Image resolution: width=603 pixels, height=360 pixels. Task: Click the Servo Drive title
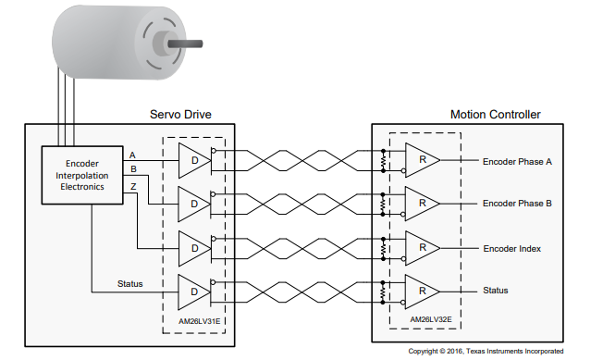tap(180, 114)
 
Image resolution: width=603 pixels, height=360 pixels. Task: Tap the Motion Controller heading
tap(496, 114)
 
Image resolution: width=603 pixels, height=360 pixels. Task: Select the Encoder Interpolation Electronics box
tap(82, 175)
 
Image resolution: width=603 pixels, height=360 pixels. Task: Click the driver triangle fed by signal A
tap(194, 160)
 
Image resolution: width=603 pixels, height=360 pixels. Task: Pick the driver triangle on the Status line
tap(194, 292)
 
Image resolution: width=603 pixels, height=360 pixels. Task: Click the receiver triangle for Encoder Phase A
tap(423, 160)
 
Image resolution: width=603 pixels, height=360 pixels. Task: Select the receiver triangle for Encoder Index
tap(423, 248)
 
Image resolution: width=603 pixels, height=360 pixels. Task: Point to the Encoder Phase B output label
tap(517, 204)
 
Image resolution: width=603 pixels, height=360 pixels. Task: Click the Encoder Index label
tap(511, 249)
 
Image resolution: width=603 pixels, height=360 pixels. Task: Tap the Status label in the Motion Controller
tap(496, 291)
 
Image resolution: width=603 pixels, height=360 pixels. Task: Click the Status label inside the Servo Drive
tap(130, 284)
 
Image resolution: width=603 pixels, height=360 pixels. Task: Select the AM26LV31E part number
tap(199, 321)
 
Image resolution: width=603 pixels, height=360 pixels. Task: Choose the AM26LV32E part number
tap(431, 319)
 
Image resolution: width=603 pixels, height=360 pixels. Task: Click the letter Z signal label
tap(133, 187)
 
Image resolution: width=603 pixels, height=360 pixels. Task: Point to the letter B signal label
tap(133, 169)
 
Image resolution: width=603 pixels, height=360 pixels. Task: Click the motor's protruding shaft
tap(185, 44)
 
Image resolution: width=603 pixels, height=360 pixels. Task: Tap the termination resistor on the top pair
tap(383, 160)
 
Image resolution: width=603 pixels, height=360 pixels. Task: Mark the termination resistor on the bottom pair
tap(383, 292)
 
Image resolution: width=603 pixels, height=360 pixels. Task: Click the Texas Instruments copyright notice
tap(486, 351)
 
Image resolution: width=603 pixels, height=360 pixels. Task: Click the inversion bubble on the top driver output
tap(214, 150)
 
